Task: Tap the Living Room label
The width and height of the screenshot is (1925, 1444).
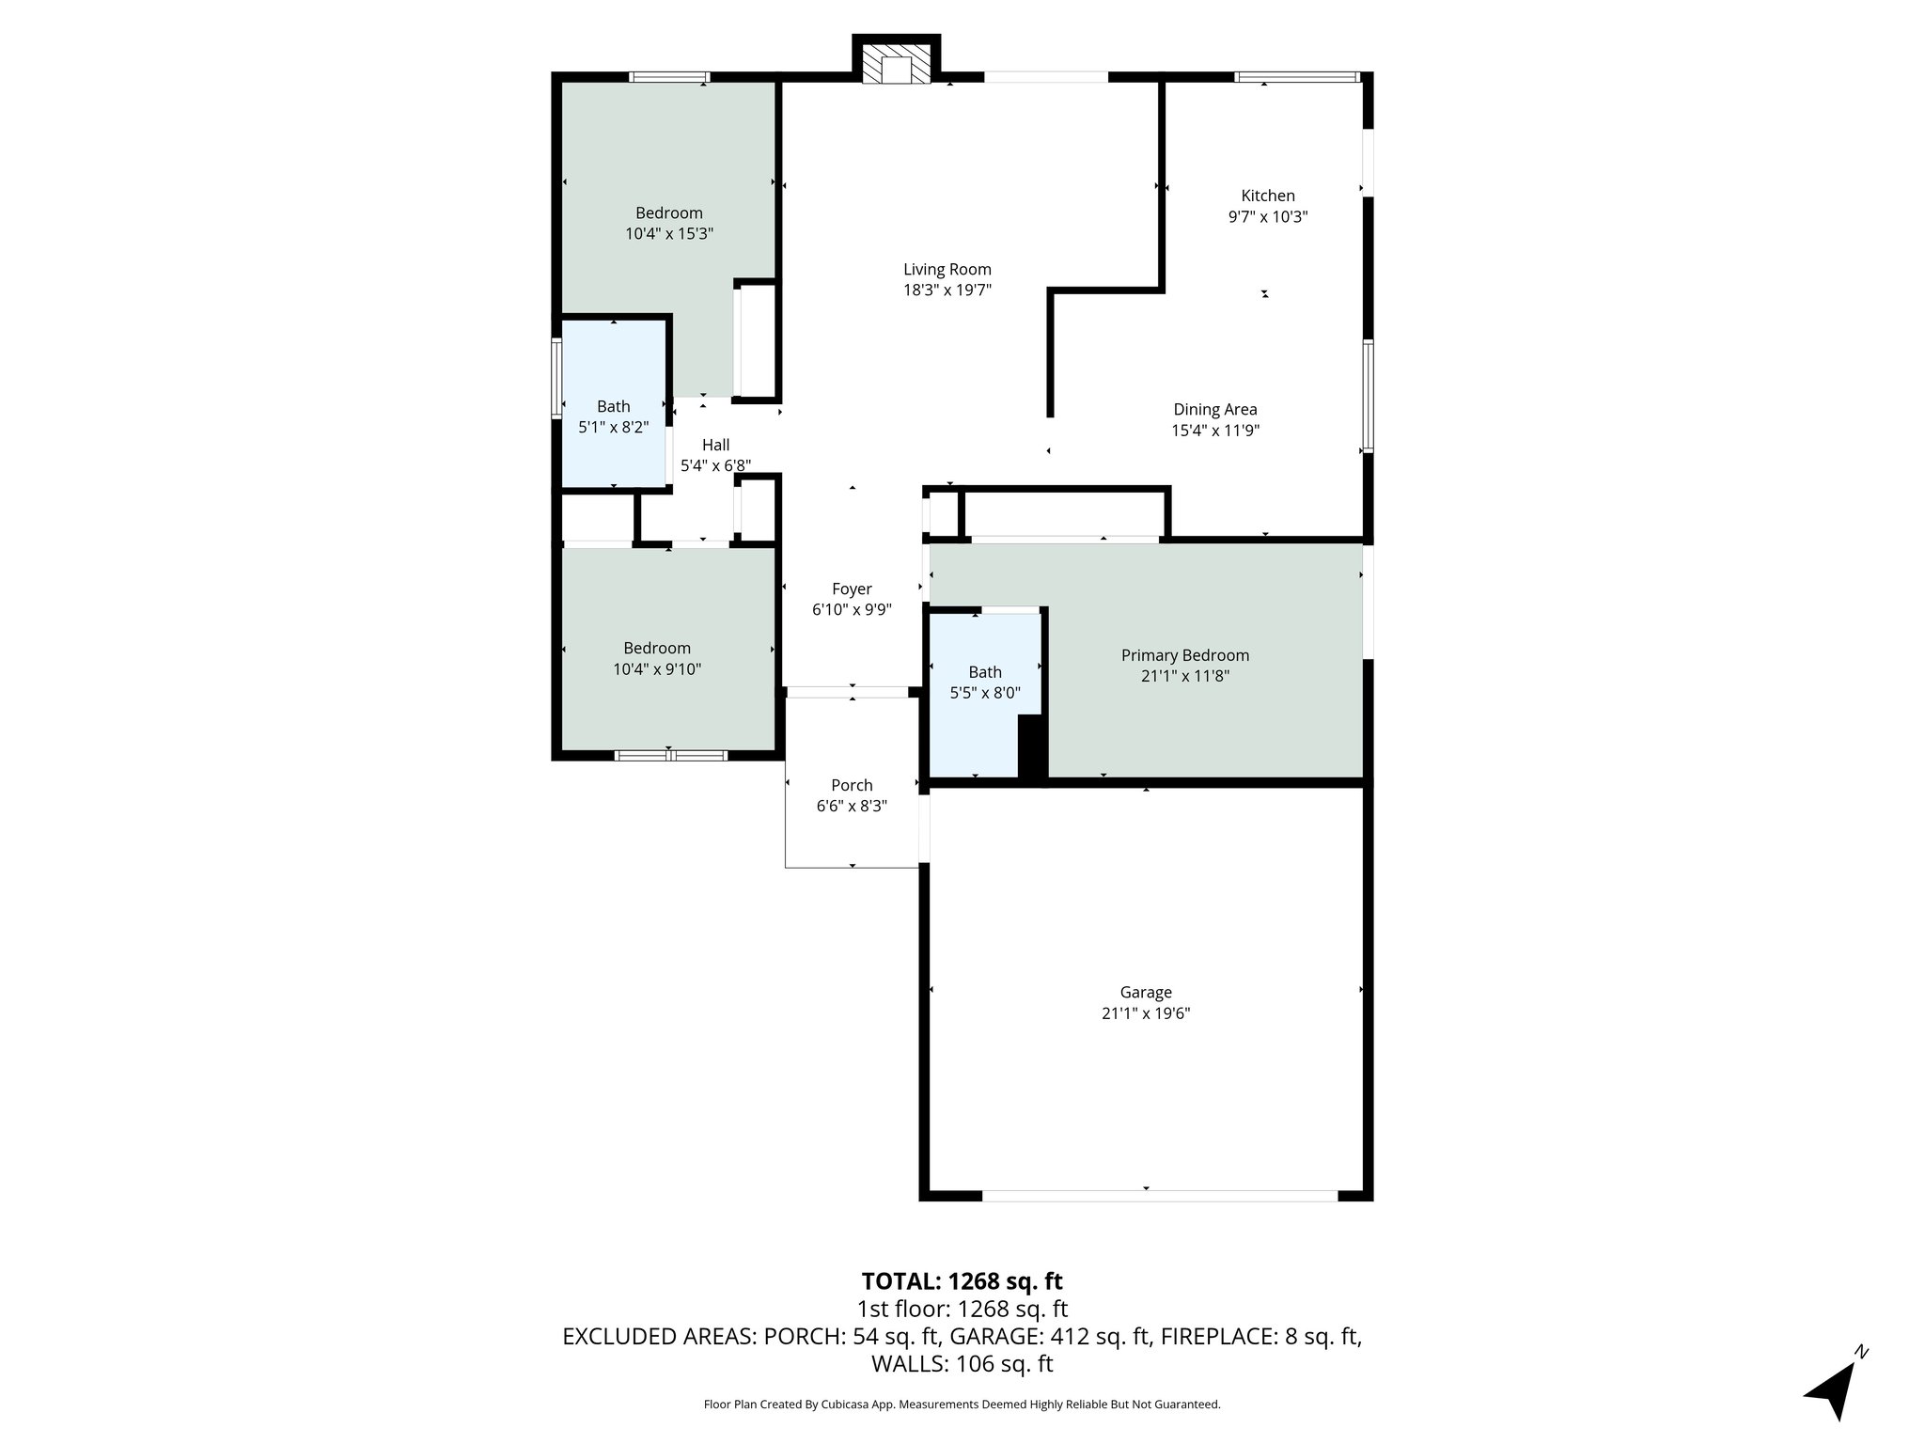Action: pos(947,270)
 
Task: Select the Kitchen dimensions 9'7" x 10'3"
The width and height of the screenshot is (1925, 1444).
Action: pos(1268,217)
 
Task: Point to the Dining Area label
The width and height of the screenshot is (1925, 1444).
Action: pos(1214,410)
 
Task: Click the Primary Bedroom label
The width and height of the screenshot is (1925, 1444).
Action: pos(1184,655)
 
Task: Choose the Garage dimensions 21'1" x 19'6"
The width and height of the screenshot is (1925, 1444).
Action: pos(1146,1013)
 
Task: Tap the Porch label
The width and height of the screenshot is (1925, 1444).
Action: pos(852,785)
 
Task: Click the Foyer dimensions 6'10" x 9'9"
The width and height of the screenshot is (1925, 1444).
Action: pos(852,610)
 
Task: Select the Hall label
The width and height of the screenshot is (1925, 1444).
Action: pos(715,445)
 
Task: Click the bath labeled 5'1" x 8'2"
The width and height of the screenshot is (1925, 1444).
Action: pos(613,416)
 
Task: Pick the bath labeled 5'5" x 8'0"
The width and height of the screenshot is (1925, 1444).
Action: pos(984,683)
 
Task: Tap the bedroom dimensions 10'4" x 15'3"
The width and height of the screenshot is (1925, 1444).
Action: pos(668,234)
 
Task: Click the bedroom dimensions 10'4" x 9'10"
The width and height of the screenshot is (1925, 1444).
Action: pos(657,669)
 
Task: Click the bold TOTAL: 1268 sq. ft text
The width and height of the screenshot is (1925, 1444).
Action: pos(962,1281)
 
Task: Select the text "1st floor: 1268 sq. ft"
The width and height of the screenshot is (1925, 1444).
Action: pos(962,1309)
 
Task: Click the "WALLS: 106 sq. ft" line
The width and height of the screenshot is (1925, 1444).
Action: pos(962,1364)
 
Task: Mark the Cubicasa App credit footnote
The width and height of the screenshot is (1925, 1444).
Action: pos(962,1405)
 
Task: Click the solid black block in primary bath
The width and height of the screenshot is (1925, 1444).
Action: pos(1032,746)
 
